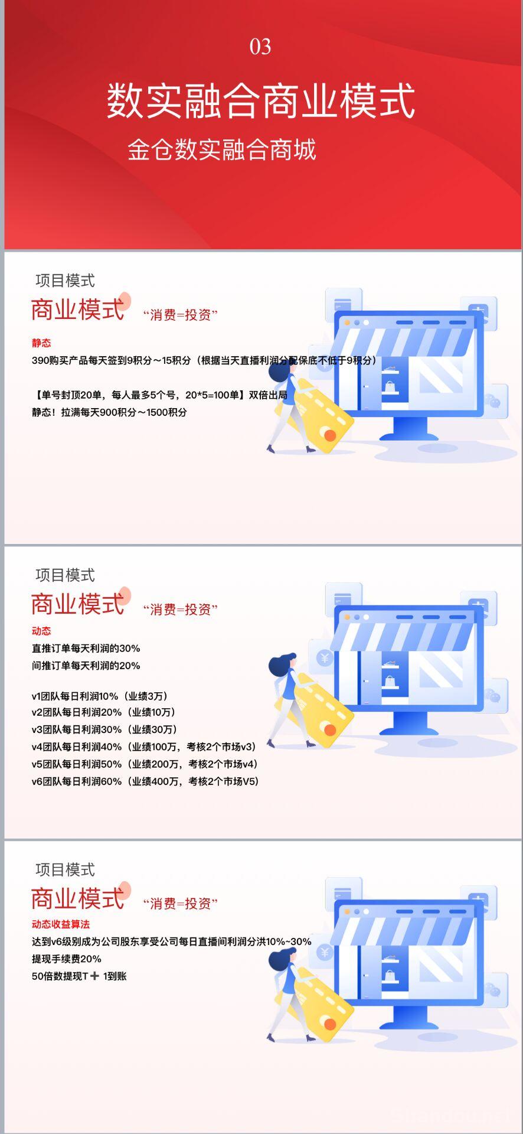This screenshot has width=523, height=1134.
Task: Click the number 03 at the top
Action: click(x=260, y=47)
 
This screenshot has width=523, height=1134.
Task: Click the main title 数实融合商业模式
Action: click(x=261, y=101)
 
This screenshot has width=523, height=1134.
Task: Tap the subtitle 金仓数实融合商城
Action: click(x=222, y=149)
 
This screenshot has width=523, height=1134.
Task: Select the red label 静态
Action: click(x=41, y=343)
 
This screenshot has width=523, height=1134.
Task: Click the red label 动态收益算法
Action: click(x=61, y=924)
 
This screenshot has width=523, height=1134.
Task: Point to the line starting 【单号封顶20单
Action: click(x=159, y=395)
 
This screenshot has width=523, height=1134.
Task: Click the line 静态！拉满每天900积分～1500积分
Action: click(x=109, y=412)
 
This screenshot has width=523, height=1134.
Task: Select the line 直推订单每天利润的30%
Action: click(x=86, y=648)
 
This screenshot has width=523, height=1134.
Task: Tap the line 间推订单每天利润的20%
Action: click(x=86, y=665)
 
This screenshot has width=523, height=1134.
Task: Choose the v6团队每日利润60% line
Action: click(x=145, y=781)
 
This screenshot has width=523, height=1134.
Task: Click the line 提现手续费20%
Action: click(x=67, y=958)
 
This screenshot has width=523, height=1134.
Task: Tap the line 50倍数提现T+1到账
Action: click(x=79, y=976)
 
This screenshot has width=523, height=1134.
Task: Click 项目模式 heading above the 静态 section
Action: click(x=65, y=281)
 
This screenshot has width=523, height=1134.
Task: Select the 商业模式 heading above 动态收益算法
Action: click(x=77, y=898)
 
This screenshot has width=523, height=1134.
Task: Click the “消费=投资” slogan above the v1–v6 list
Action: click(x=180, y=609)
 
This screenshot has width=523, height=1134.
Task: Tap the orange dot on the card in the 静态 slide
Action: click(x=330, y=435)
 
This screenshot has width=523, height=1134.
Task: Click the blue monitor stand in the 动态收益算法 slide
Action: click(x=411, y=1021)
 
